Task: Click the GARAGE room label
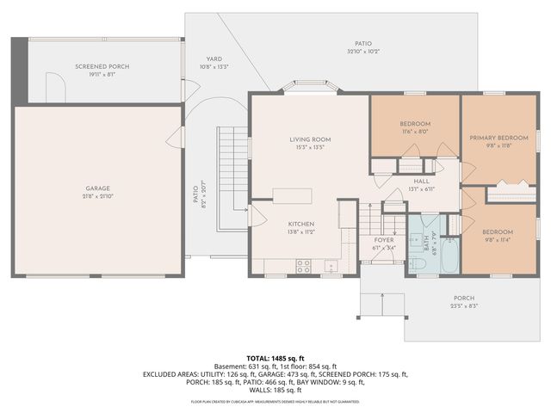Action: (96, 188)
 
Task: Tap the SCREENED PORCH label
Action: (102, 67)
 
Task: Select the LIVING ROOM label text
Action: (309, 139)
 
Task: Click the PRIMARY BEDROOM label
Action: (498, 138)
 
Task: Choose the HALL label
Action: (421, 182)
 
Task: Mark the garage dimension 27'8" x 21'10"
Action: (96, 197)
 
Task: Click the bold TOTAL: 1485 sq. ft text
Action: (275, 357)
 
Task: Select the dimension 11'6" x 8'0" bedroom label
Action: (415, 133)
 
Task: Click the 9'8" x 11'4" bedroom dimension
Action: (498, 240)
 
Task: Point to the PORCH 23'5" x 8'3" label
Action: (463, 302)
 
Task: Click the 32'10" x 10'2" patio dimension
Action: (363, 52)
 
